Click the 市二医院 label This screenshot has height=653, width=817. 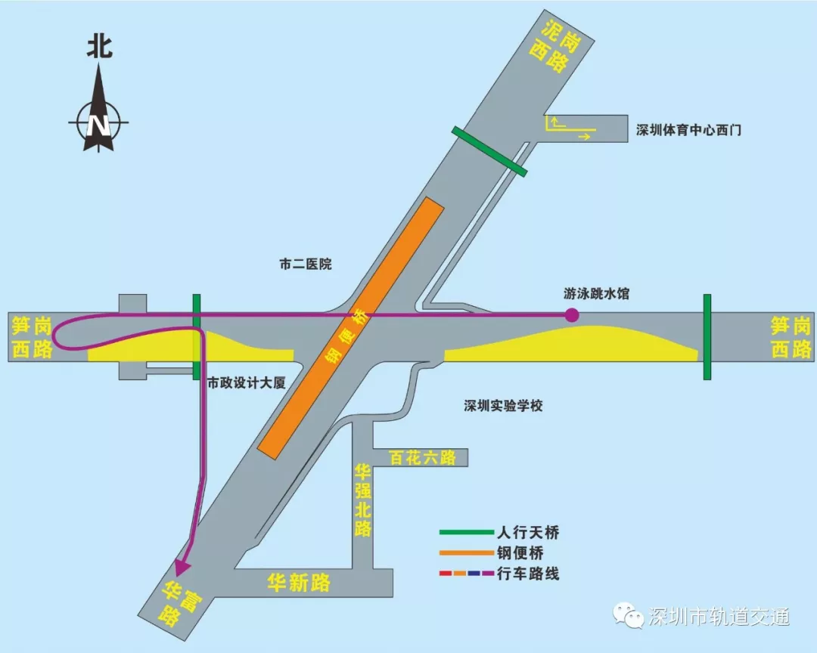point(306,265)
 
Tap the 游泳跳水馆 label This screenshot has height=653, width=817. point(596,294)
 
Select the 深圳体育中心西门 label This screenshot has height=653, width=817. point(688,130)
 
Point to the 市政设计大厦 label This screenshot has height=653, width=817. point(247,383)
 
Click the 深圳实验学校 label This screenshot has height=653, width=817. point(504,406)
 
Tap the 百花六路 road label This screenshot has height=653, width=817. point(422,457)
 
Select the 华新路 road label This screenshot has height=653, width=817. point(300,582)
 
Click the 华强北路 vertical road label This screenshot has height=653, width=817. point(363,500)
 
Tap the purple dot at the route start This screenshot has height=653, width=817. point(573,315)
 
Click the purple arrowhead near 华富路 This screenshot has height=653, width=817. point(182,566)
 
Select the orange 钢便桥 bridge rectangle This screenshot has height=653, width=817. point(349,327)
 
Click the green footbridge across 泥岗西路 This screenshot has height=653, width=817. point(489,151)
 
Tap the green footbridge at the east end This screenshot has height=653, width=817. point(707,337)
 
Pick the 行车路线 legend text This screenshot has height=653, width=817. point(529,574)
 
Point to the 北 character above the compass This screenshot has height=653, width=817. point(99,47)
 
